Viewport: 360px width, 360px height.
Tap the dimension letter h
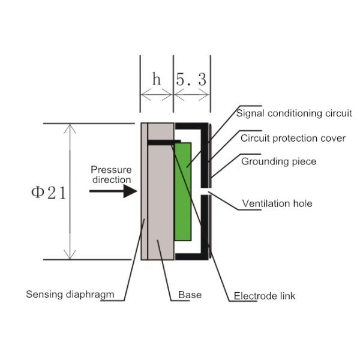[x=157, y=79]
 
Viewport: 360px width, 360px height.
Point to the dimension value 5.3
[x=192, y=79]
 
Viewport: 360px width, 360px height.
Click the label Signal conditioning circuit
[x=293, y=112]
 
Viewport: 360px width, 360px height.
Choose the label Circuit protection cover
[x=293, y=138]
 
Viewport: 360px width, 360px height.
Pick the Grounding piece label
[x=278, y=161]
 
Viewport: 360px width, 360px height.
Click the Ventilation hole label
[x=277, y=203]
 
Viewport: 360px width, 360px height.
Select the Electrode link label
[x=264, y=296]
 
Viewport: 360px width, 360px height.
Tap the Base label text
[x=190, y=295]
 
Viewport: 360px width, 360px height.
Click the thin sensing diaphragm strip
[x=144, y=192]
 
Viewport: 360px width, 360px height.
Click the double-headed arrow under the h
[x=157, y=94]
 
